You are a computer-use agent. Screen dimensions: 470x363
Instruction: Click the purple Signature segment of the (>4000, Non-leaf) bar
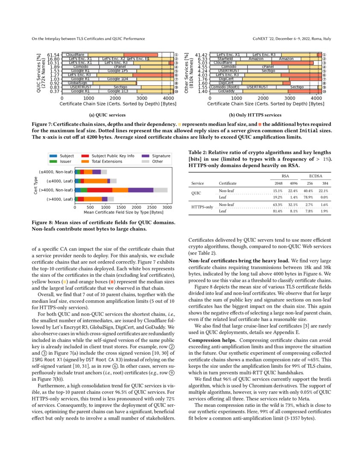141,190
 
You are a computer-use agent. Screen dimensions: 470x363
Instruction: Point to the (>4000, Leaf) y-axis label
56,199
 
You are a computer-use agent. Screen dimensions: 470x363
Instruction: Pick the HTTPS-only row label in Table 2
202,207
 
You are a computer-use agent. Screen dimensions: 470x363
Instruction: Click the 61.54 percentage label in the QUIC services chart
53,55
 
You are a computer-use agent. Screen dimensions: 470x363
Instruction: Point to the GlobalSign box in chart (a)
77,83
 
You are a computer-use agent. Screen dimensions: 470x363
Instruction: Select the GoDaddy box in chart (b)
225,91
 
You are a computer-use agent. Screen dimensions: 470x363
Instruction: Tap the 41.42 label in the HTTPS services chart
201,55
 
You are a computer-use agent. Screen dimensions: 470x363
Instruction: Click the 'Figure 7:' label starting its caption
42,123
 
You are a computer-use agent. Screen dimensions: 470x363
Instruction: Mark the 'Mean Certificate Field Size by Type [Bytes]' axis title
123,212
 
